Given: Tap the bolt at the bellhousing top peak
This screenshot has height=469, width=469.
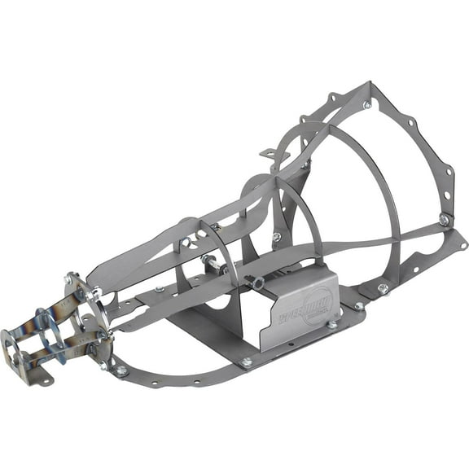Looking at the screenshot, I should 367,104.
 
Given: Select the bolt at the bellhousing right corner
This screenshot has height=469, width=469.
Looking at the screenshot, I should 444,219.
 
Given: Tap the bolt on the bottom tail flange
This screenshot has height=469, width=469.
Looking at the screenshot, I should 121,370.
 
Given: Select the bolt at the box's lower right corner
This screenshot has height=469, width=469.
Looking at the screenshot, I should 332,324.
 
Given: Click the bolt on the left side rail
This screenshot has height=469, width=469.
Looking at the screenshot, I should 160,288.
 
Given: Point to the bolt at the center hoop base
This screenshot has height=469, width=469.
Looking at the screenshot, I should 277,237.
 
